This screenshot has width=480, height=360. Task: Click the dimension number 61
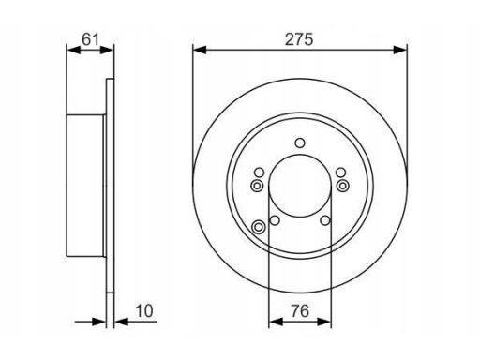click(90, 39)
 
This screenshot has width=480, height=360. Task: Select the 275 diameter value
click(299, 39)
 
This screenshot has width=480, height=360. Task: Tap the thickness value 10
click(144, 311)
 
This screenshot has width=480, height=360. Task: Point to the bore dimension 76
click(300, 311)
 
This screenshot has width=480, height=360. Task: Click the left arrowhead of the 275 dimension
click(200, 50)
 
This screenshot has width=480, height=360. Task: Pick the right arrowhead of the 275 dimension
click(400, 50)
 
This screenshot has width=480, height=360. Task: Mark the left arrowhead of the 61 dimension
click(74, 50)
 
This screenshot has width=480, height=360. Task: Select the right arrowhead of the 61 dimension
click(107, 50)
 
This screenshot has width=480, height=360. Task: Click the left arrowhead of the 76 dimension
click(276, 322)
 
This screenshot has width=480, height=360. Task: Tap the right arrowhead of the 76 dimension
click(324, 322)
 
